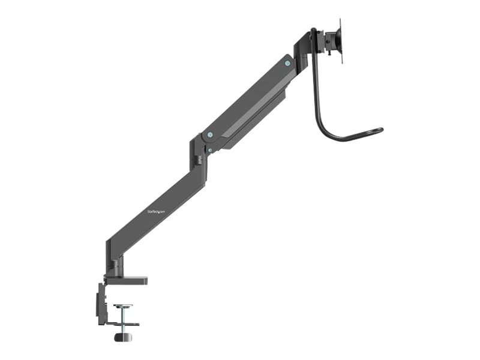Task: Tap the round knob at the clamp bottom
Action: point(123,338)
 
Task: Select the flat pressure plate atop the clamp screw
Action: point(123,305)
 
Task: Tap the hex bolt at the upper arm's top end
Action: point(287,63)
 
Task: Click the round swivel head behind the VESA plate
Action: point(330,41)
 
